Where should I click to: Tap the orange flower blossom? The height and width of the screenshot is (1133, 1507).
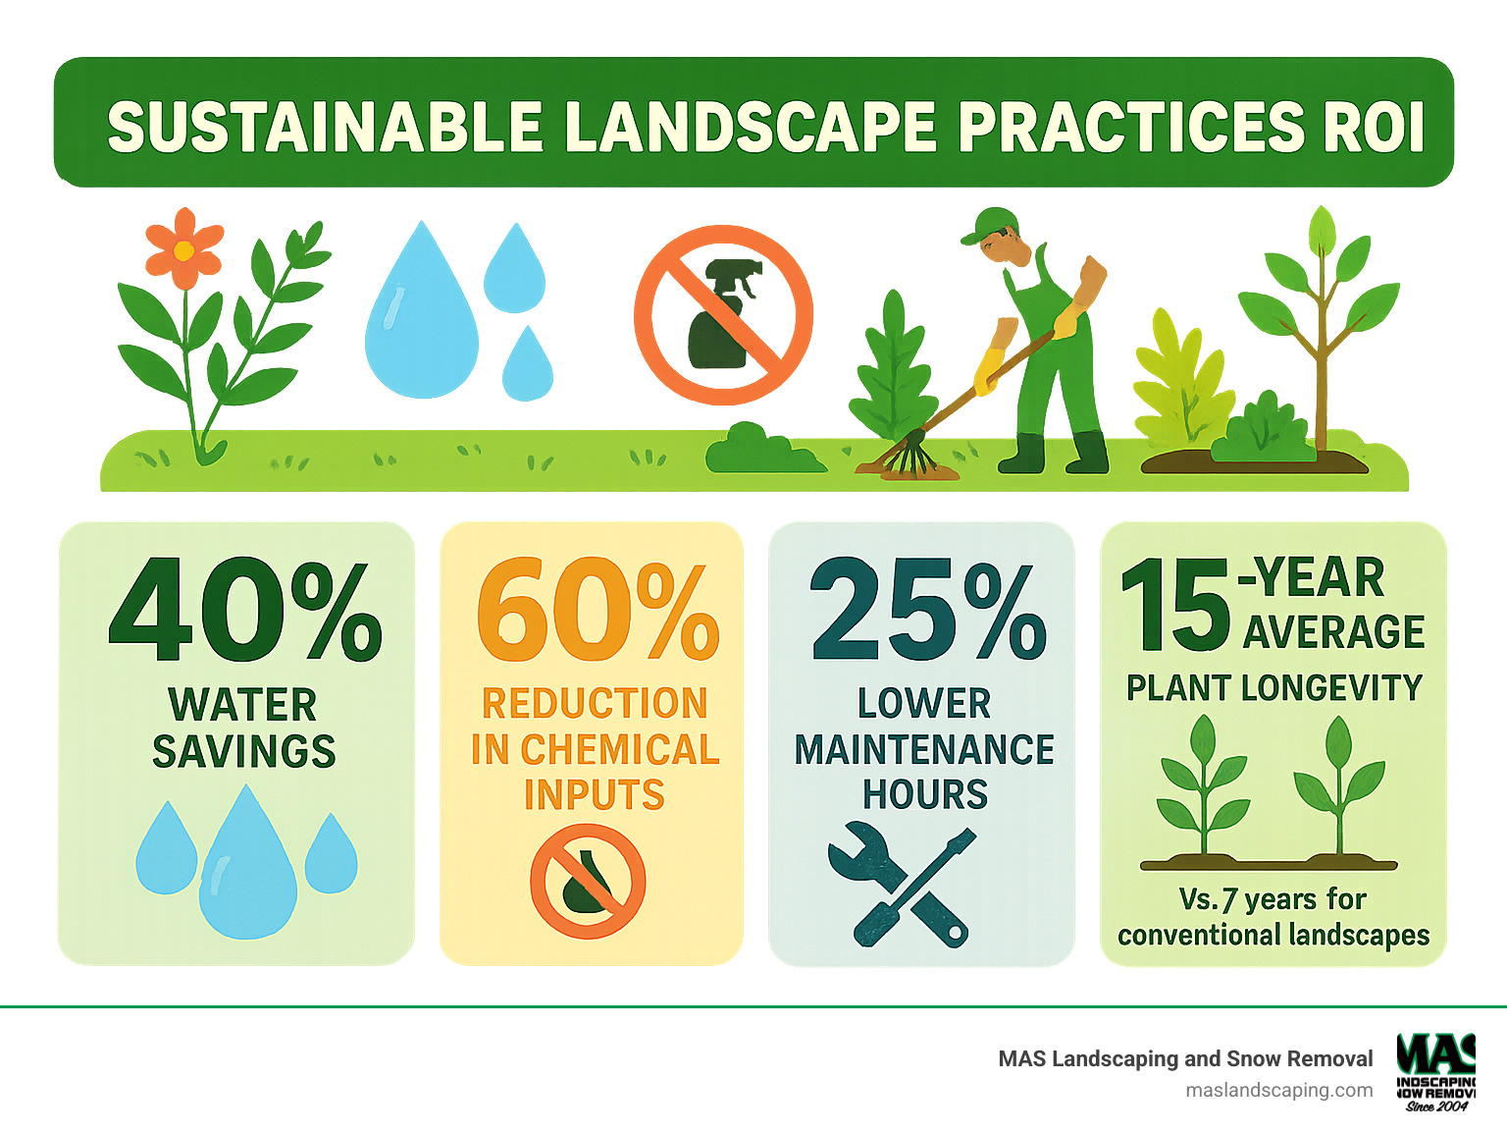click(183, 249)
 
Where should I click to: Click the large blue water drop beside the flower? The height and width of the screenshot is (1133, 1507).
click(422, 314)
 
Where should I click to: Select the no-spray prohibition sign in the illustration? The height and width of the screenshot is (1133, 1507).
click(724, 314)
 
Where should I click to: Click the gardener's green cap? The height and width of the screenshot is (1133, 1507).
click(989, 223)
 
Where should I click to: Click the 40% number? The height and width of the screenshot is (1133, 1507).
click(244, 611)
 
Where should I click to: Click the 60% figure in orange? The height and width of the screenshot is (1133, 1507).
click(597, 611)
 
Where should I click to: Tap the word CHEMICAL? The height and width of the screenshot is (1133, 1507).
click(619, 749)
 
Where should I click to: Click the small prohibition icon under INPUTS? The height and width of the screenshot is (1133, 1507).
click(588, 881)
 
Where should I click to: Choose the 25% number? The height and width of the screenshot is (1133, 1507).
click(926, 611)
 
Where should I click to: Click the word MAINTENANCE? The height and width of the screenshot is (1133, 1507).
click(924, 749)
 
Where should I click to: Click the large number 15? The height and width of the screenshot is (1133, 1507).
click(1174, 607)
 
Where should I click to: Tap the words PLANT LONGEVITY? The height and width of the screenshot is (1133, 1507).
click(1273, 687)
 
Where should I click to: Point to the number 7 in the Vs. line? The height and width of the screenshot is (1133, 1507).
click(1228, 899)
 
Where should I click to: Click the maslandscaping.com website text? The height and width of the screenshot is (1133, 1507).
click(1279, 1090)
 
